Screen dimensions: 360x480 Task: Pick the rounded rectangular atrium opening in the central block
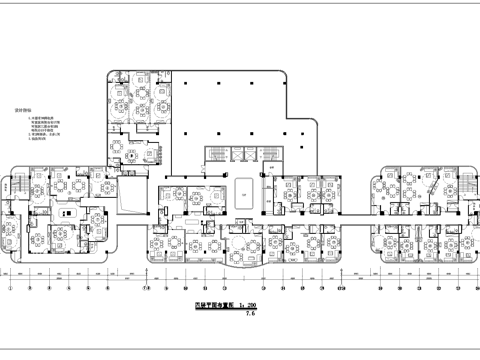(245, 188)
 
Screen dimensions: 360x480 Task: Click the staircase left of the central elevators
(213, 158)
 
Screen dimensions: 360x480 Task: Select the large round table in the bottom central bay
(244, 240)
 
